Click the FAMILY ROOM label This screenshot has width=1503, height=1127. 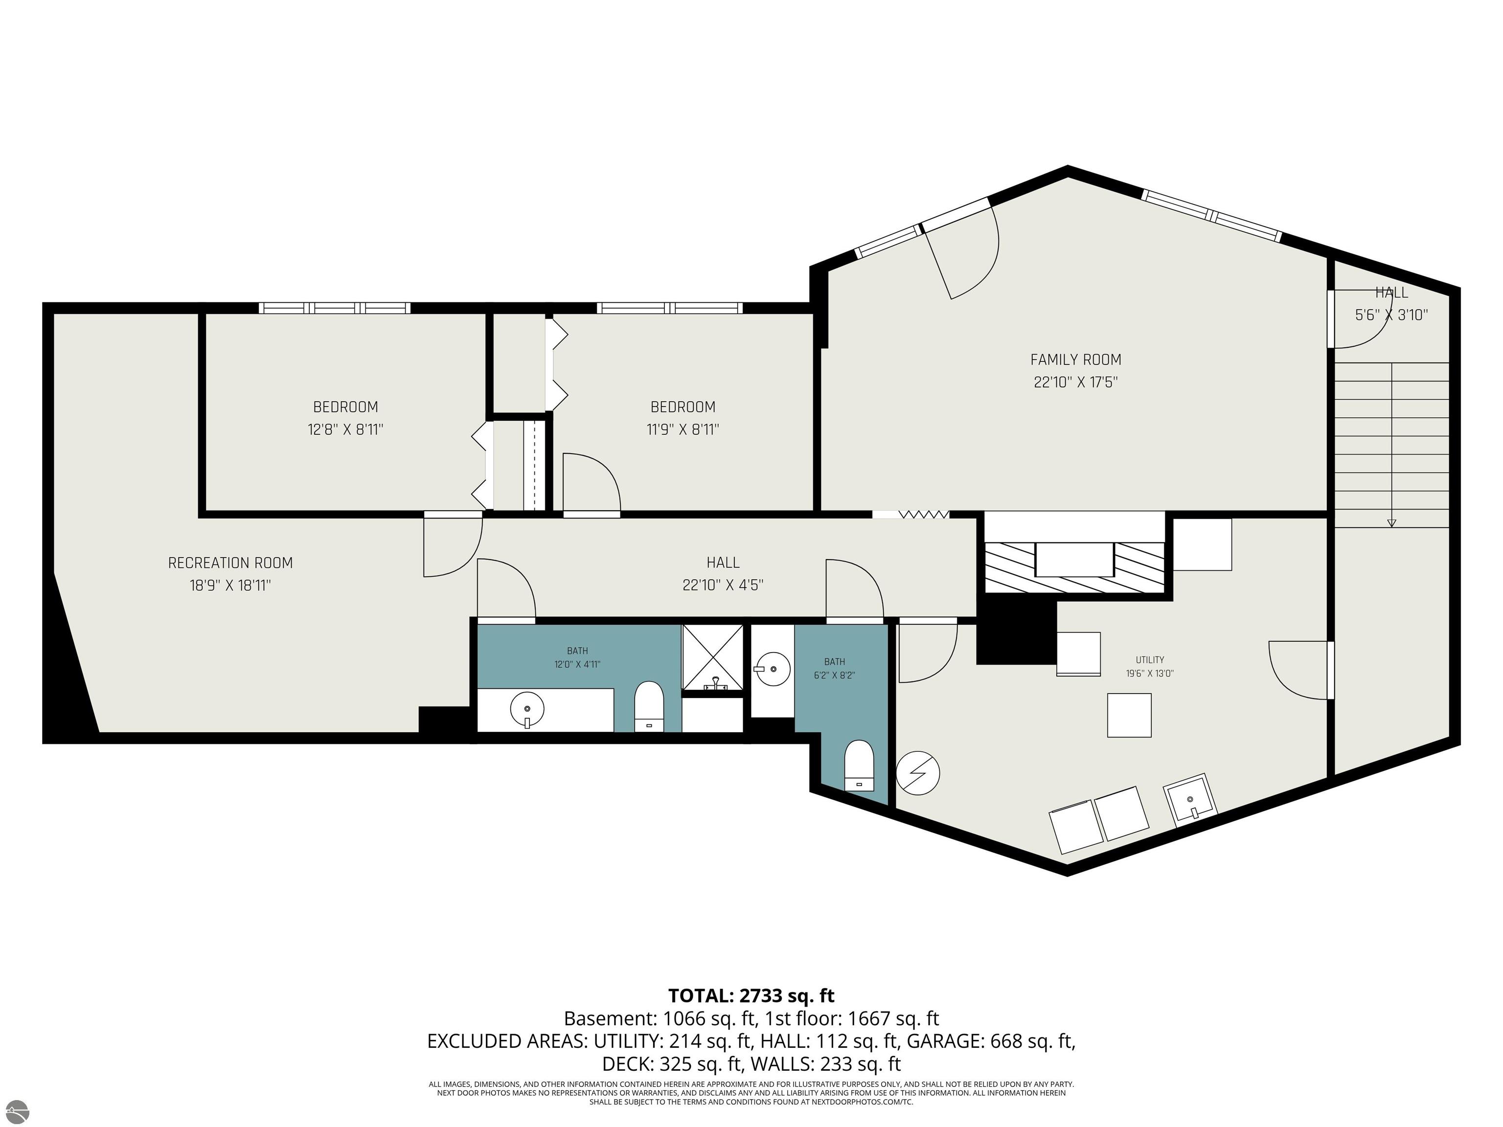click(1075, 360)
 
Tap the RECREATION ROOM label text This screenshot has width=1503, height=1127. click(230, 563)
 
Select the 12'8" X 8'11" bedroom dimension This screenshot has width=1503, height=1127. click(345, 429)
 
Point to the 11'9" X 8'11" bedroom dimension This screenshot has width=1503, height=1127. click(683, 429)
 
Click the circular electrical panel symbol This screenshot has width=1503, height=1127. click(917, 772)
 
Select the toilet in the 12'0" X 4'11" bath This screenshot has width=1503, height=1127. click(648, 706)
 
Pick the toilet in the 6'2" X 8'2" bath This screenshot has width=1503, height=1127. click(859, 766)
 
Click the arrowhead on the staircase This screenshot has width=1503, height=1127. click(1391, 522)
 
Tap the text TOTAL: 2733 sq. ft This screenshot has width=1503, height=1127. click(751, 996)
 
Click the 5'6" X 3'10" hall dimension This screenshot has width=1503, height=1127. click(1391, 315)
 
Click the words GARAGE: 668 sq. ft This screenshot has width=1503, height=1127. click(991, 1041)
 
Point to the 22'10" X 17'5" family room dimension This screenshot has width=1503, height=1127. click(1075, 382)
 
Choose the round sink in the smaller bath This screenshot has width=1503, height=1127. click(773, 669)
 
